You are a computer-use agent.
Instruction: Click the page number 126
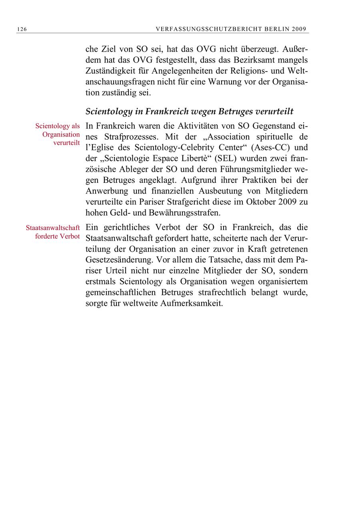coord(22,29)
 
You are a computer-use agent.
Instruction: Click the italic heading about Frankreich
coord(190,111)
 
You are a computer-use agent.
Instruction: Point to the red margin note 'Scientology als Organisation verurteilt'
coord(58,134)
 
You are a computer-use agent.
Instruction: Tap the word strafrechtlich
coord(222,293)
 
